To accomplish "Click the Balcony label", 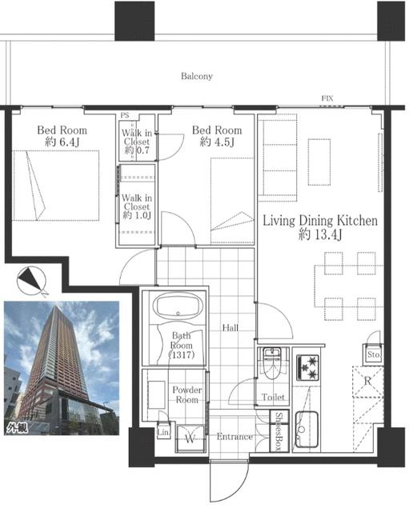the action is pos(197,76).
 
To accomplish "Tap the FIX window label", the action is pos(327,98).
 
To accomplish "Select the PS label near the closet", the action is pos(125,115).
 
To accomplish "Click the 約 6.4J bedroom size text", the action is pos(62,142).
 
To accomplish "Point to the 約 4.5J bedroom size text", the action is pos(217,142).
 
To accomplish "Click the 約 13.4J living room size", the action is pos(320,234).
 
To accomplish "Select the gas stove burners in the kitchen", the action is pos(307,368).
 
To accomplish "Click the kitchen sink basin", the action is pos(307,429).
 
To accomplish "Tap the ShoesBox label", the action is pos(279,430).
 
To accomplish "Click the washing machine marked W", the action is pos(190,438).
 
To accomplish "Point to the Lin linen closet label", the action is pos(163,432).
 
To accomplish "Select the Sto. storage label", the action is pos(373,354).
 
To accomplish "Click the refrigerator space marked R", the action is pos(367,381).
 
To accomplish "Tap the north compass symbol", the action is pos(31,281).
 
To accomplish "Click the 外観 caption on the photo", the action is pos(17,427).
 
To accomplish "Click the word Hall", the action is pos(230,328).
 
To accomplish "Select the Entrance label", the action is pos(235,437).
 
